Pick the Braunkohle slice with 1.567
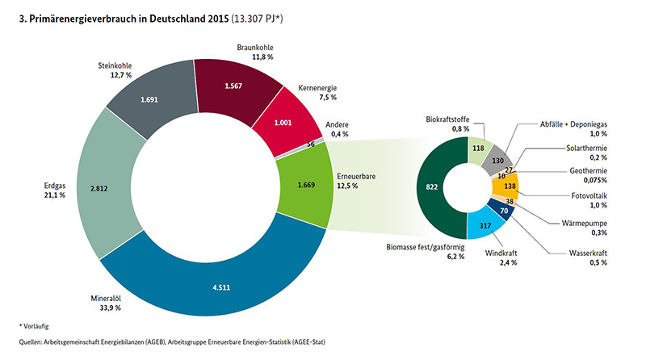234,86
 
